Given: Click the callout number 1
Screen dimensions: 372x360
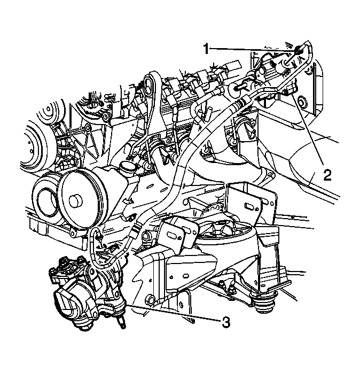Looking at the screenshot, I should pyautogui.click(x=206, y=49).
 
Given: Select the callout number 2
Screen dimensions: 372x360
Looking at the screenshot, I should pyautogui.click(x=326, y=174).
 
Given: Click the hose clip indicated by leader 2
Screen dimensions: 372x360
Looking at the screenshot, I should pyautogui.click(x=288, y=93).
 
